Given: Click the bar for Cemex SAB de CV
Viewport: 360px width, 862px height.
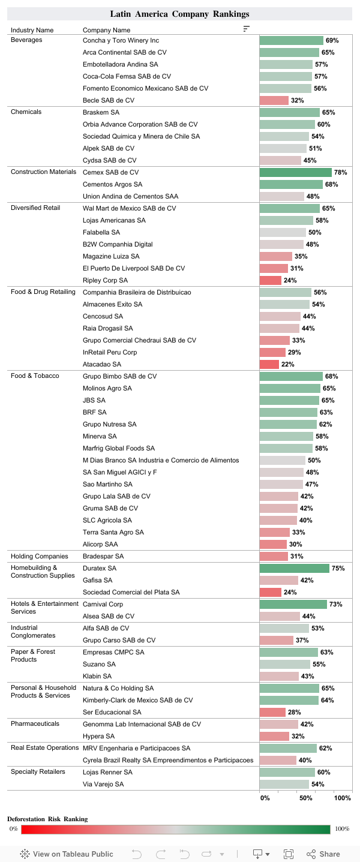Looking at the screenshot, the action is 295,172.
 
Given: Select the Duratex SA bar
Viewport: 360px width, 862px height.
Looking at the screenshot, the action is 294,568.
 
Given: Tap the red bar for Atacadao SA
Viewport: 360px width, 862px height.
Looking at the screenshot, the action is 269,364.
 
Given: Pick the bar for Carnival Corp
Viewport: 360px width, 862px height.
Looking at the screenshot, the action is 293,604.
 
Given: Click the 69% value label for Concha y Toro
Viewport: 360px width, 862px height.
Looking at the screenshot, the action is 332,40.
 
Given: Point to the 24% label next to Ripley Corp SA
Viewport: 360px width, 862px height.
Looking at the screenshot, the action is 290,280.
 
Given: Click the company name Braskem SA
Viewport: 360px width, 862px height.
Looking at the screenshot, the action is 101,112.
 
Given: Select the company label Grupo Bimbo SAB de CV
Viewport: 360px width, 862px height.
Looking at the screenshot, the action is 120,376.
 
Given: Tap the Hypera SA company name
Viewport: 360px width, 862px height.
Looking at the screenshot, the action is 98,736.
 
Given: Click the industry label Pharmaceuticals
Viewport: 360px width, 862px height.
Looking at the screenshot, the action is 35,723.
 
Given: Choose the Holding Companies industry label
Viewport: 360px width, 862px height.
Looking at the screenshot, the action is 39,556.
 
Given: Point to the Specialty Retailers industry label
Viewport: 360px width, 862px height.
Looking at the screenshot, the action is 38,771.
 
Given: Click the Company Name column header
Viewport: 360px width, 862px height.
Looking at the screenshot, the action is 106,30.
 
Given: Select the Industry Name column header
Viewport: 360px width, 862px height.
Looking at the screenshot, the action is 32,30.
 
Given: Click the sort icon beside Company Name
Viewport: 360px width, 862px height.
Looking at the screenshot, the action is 247,29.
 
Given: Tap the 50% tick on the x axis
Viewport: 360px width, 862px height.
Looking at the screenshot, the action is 306,798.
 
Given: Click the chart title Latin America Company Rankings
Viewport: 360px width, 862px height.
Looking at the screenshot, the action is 179,14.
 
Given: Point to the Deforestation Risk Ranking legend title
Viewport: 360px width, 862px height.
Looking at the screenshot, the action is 47,819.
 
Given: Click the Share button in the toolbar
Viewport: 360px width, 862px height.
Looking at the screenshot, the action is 323,854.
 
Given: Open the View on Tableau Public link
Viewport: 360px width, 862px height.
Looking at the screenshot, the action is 67,854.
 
